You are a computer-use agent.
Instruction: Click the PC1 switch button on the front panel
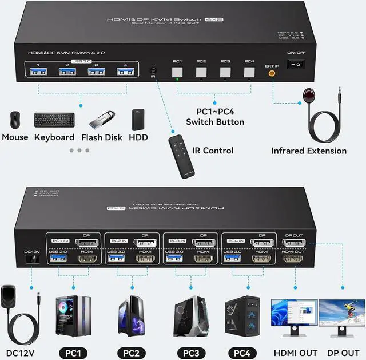click(177, 73)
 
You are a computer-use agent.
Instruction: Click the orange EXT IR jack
click(272, 73)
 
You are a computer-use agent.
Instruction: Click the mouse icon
click(14, 120)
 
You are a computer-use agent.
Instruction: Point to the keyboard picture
click(54, 120)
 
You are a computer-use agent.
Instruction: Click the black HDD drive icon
click(138, 120)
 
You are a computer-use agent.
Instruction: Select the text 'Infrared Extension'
click(309, 151)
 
